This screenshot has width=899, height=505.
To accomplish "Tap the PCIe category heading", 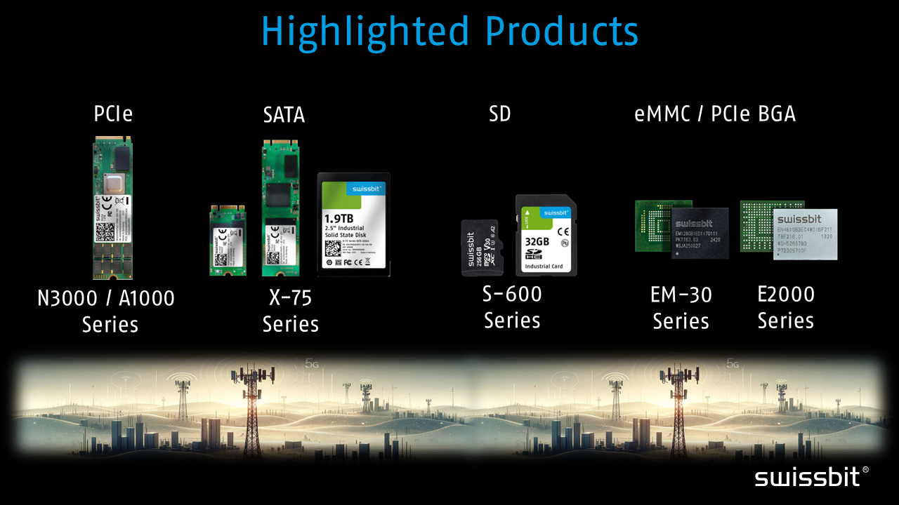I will click(x=113, y=114).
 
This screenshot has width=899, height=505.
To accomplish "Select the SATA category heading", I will click(x=284, y=114).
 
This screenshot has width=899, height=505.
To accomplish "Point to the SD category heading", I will click(x=499, y=114).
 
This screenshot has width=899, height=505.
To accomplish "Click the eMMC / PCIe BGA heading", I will click(x=715, y=114).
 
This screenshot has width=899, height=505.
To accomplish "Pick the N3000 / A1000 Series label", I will click(x=106, y=311).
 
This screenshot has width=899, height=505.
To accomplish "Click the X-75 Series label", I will click(x=290, y=310).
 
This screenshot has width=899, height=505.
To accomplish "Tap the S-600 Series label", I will click(x=512, y=307).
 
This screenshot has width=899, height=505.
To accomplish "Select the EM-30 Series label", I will click(x=681, y=308).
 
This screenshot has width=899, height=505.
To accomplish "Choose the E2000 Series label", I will click(x=785, y=307).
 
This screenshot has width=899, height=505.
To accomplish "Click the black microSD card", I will click(x=479, y=246).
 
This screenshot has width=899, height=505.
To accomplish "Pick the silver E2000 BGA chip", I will click(x=805, y=234).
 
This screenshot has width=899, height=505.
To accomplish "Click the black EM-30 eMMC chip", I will click(x=700, y=233).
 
